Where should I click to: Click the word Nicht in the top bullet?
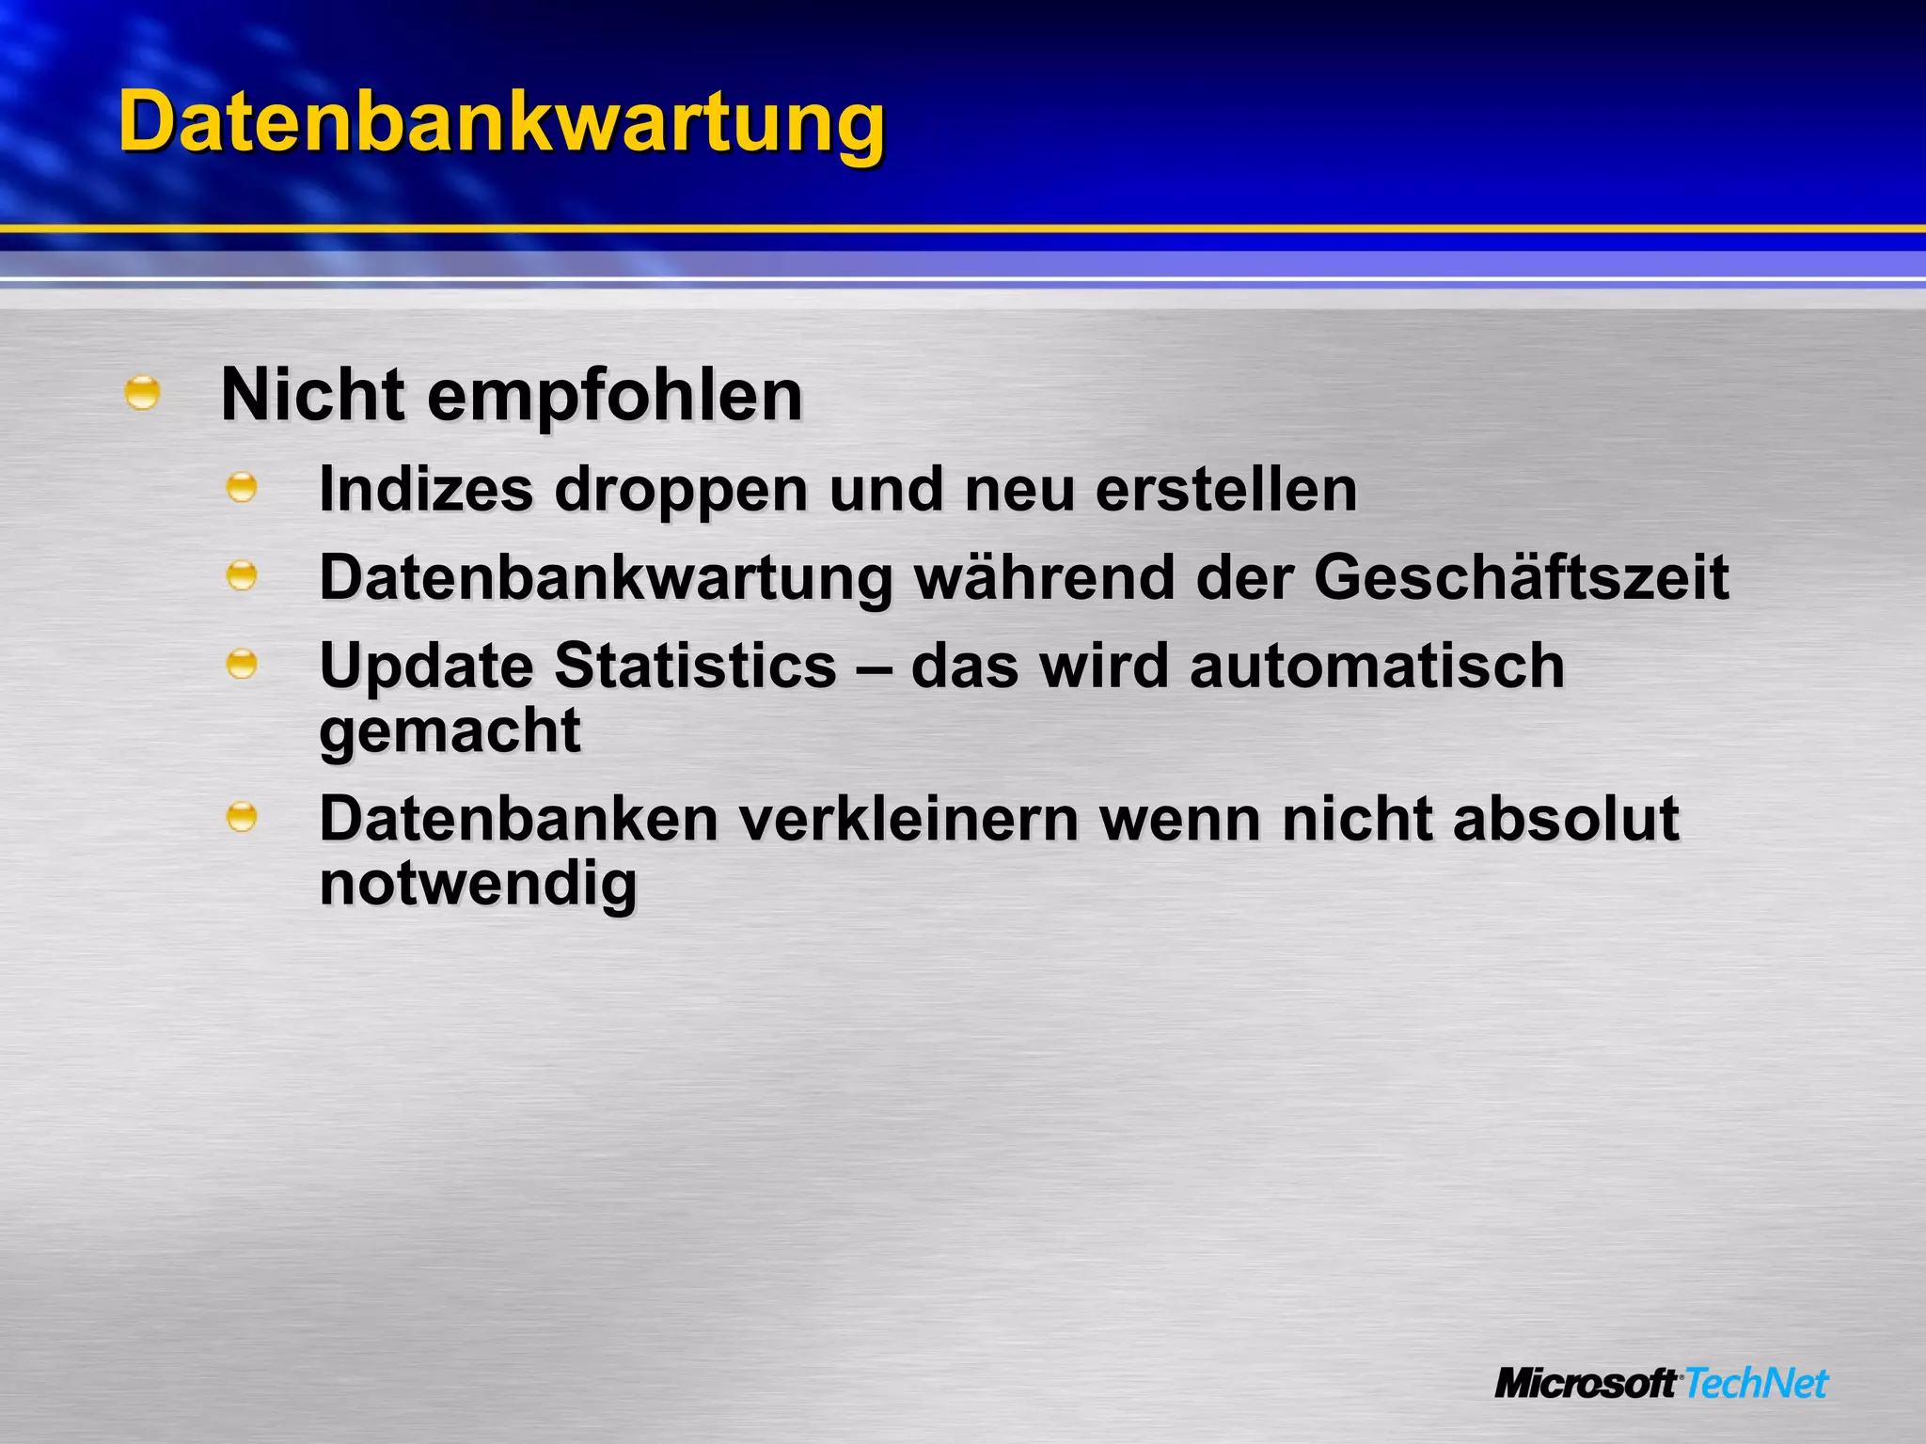coord(312,395)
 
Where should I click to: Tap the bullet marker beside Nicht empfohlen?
coord(142,392)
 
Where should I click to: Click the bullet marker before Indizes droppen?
coord(242,487)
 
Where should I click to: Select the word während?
coord(1044,577)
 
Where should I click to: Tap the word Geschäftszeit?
coord(1521,577)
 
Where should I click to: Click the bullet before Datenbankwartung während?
coord(242,575)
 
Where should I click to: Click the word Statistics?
coord(695,666)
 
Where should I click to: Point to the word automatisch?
coord(1377,666)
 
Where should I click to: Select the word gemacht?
coord(450,731)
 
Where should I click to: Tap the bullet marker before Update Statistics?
coord(242,664)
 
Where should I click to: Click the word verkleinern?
coord(908,819)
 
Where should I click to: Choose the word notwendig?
coord(478,885)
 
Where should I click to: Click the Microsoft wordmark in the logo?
coord(1586,1384)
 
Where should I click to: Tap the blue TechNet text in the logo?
coord(1755,1384)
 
